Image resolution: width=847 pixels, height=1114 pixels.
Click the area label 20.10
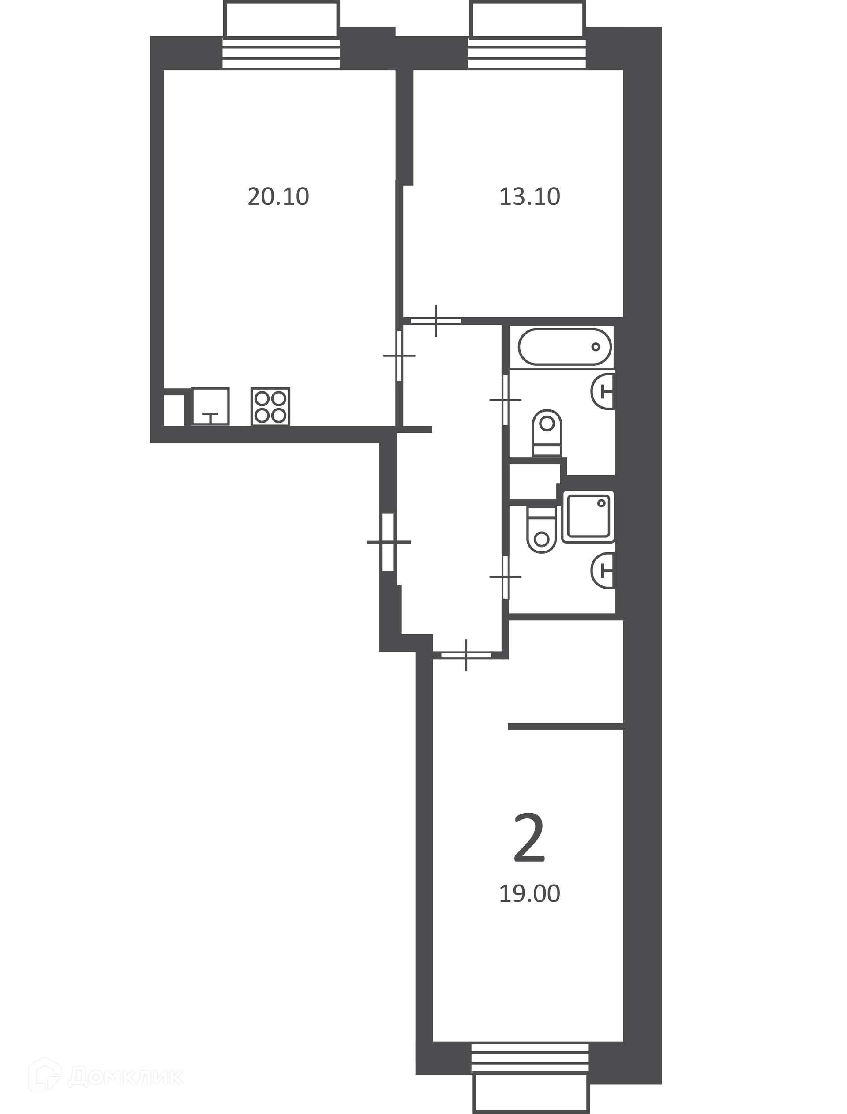278,197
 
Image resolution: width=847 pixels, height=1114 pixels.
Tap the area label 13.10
530,197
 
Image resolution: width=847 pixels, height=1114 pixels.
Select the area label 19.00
530,894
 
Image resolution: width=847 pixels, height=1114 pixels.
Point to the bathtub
565,347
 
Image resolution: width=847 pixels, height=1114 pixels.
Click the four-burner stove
270,406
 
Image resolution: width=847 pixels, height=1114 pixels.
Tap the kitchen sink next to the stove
210,406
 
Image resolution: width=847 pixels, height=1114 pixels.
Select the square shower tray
588,517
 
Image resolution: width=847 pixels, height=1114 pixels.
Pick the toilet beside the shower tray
541,530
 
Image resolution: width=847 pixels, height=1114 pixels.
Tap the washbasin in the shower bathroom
603,570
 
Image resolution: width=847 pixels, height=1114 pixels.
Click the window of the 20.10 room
281,35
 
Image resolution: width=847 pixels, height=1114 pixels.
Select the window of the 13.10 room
527,35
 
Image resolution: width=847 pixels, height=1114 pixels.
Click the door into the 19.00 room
466,655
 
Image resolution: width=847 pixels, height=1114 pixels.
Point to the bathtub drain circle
596,347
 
